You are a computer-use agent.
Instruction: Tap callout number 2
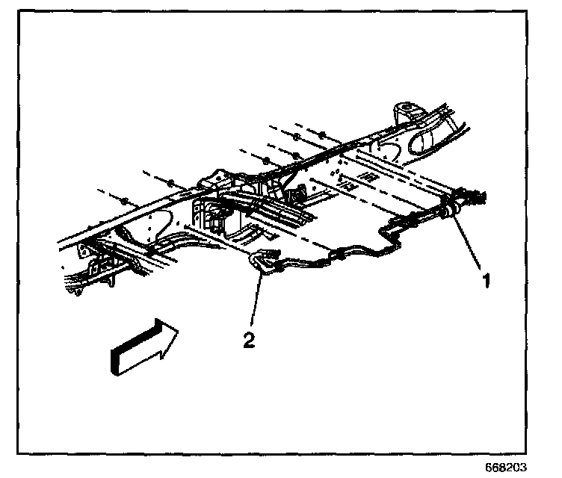pyautogui.click(x=250, y=341)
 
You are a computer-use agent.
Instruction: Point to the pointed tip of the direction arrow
pyautogui.click(x=176, y=330)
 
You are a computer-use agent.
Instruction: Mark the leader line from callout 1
pyautogui.click(x=469, y=246)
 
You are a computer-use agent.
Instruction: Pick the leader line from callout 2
pyautogui.click(x=256, y=302)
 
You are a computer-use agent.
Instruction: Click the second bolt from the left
pyautogui.click(x=171, y=182)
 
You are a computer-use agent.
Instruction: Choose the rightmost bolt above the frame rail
pyautogui.click(x=321, y=135)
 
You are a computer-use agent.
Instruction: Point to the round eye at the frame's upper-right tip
pyautogui.click(x=407, y=113)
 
